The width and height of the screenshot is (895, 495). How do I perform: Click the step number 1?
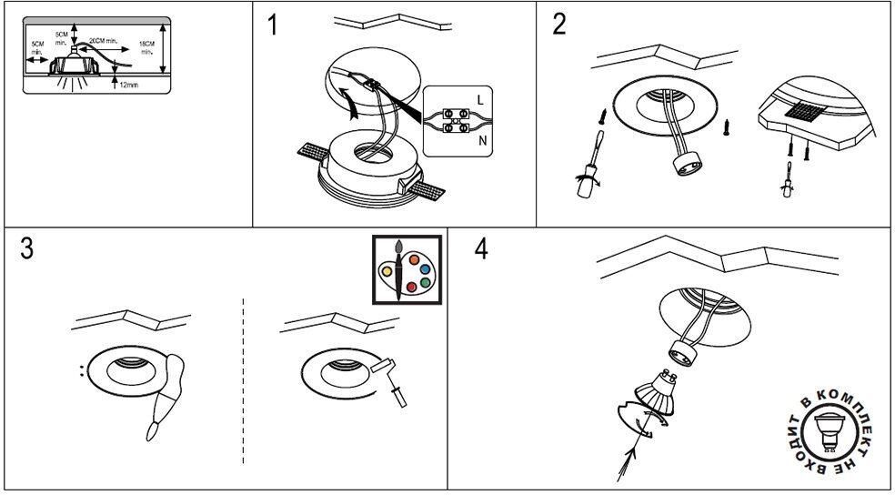point(273,25)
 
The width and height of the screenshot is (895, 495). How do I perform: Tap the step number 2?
point(558,25)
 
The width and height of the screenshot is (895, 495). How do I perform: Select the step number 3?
point(26,248)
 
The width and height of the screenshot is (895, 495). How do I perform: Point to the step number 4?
point(481,248)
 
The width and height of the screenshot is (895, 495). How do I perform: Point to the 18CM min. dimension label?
point(146,47)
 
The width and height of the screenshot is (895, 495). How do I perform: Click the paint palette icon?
point(406,270)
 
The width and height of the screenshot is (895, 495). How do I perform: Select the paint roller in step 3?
point(393,383)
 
